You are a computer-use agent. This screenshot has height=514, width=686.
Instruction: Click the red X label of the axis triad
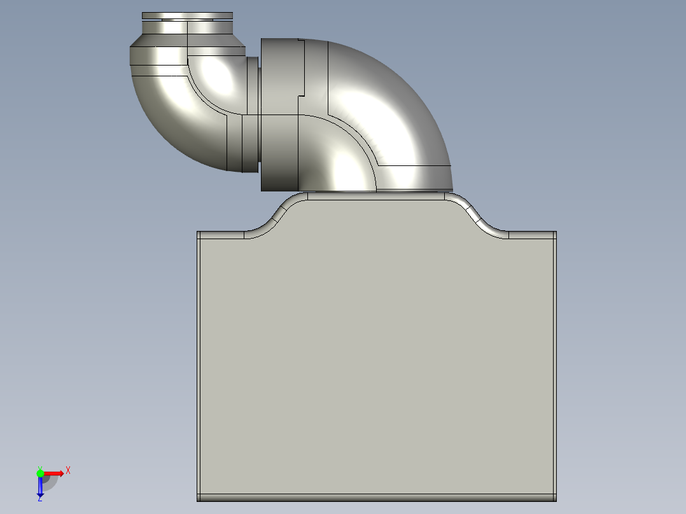coord(68,470)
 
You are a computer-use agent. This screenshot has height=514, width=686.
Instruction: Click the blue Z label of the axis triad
coord(39,499)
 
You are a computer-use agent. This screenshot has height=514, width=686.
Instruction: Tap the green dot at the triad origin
coord(40,473)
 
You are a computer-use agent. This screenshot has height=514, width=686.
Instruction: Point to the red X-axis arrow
coord(55,473)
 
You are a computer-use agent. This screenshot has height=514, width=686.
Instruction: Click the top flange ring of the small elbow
coord(187,15)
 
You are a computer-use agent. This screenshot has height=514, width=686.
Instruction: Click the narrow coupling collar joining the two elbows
coord(252,115)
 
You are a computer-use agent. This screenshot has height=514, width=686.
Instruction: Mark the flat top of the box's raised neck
coord(375,196)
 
